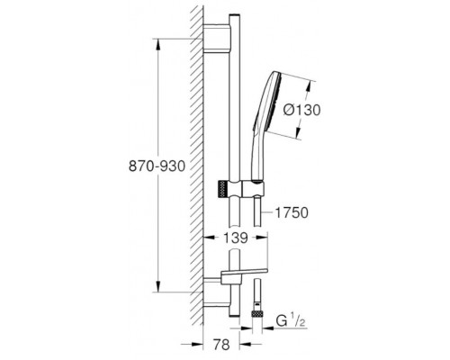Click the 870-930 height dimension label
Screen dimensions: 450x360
[157, 166]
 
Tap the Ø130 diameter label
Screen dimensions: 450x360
[301, 110]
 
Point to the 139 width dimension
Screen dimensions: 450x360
[236, 238]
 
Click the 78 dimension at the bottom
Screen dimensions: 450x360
[221, 345]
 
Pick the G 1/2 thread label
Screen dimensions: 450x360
[291, 322]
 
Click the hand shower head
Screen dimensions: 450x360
[267, 102]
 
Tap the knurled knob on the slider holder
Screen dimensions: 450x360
[221, 189]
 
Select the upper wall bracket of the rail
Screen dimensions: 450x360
[217, 38]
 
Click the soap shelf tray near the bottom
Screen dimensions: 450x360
[244, 273]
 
